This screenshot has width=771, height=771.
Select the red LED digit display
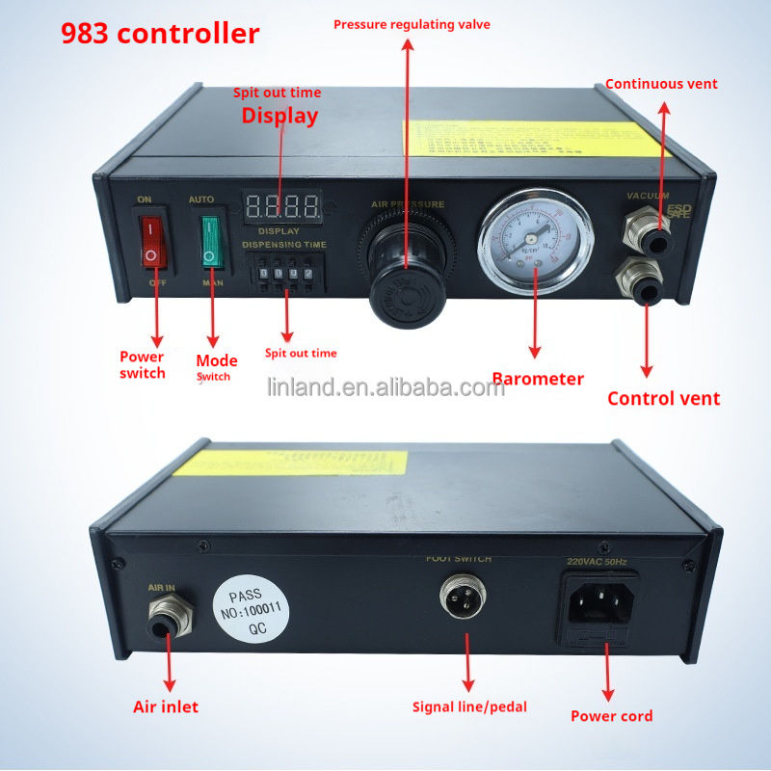coord(282,205)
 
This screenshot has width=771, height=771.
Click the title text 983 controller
coord(160,34)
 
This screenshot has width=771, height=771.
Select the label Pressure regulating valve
coord(412,24)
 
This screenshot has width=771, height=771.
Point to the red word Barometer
coord(538,379)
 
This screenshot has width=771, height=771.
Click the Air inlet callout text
coord(166,707)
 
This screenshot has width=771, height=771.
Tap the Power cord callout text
coord(611,716)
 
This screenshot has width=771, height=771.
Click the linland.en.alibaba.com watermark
coord(385,388)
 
